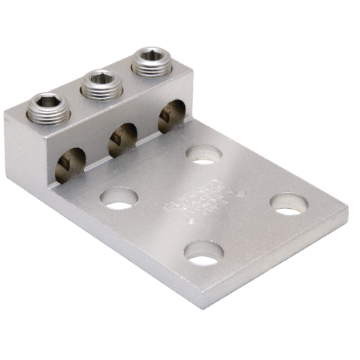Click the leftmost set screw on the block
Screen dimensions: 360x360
[x=49, y=109]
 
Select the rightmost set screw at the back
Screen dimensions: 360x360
[x=151, y=61]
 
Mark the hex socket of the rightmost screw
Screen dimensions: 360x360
[x=151, y=55]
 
